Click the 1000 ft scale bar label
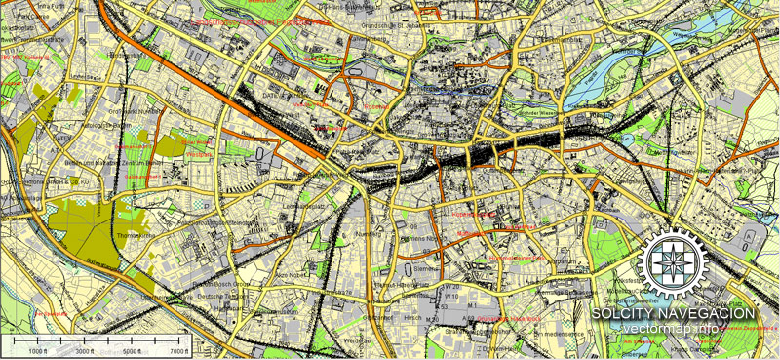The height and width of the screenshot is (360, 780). (x=39, y=350)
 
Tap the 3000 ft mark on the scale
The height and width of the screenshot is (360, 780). (x=85, y=350)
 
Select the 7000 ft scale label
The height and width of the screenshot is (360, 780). (x=177, y=350)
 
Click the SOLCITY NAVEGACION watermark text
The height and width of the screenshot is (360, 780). (x=674, y=313)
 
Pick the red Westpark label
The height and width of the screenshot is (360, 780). (x=200, y=153)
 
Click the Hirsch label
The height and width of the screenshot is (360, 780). (x=409, y=317)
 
